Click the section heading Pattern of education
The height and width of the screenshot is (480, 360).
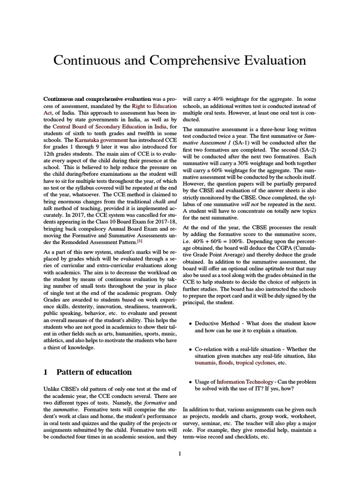(94, 372)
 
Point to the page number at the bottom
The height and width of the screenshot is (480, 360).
(180, 453)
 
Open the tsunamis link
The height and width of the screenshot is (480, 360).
(207, 363)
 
